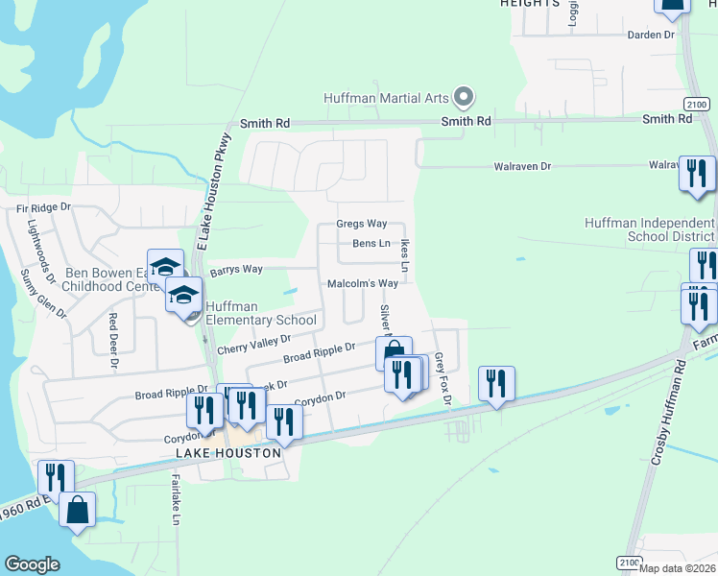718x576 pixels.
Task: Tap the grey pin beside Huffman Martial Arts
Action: click(465, 96)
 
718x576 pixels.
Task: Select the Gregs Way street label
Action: click(361, 224)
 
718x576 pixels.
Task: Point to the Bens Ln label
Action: click(371, 244)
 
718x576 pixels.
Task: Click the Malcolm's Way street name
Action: click(363, 284)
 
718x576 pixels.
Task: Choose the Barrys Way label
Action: click(236, 270)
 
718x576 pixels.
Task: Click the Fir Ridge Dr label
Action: click(44, 207)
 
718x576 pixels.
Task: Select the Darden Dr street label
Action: click(651, 35)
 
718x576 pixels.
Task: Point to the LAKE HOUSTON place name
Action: click(227, 452)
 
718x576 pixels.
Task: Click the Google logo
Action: click(33, 564)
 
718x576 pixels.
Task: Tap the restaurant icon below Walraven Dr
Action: click(697, 175)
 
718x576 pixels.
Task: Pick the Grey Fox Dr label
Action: click(443, 375)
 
